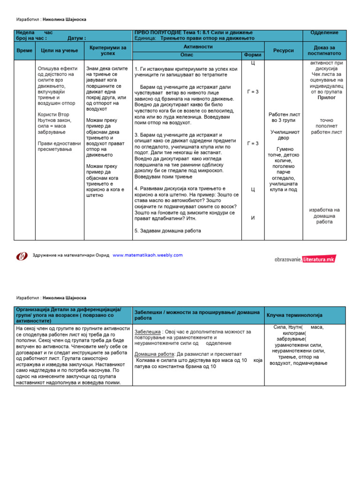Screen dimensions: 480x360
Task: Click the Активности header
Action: click(199, 47)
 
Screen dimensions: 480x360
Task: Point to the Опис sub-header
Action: click(187, 55)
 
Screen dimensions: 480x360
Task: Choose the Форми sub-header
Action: click(253, 55)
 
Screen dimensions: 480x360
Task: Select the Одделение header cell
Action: click(324, 33)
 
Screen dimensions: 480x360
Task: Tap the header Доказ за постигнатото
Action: click(324, 51)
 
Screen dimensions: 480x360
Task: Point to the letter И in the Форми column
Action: click(253, 218)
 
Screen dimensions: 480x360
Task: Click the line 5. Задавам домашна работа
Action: click(167, 231)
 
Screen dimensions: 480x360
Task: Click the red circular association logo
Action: click(22, 256)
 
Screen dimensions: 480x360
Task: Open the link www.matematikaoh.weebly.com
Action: click(148, 255)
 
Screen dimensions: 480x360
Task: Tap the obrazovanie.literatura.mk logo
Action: click(305, 258)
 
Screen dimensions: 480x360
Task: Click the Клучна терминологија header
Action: click(294, 315)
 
